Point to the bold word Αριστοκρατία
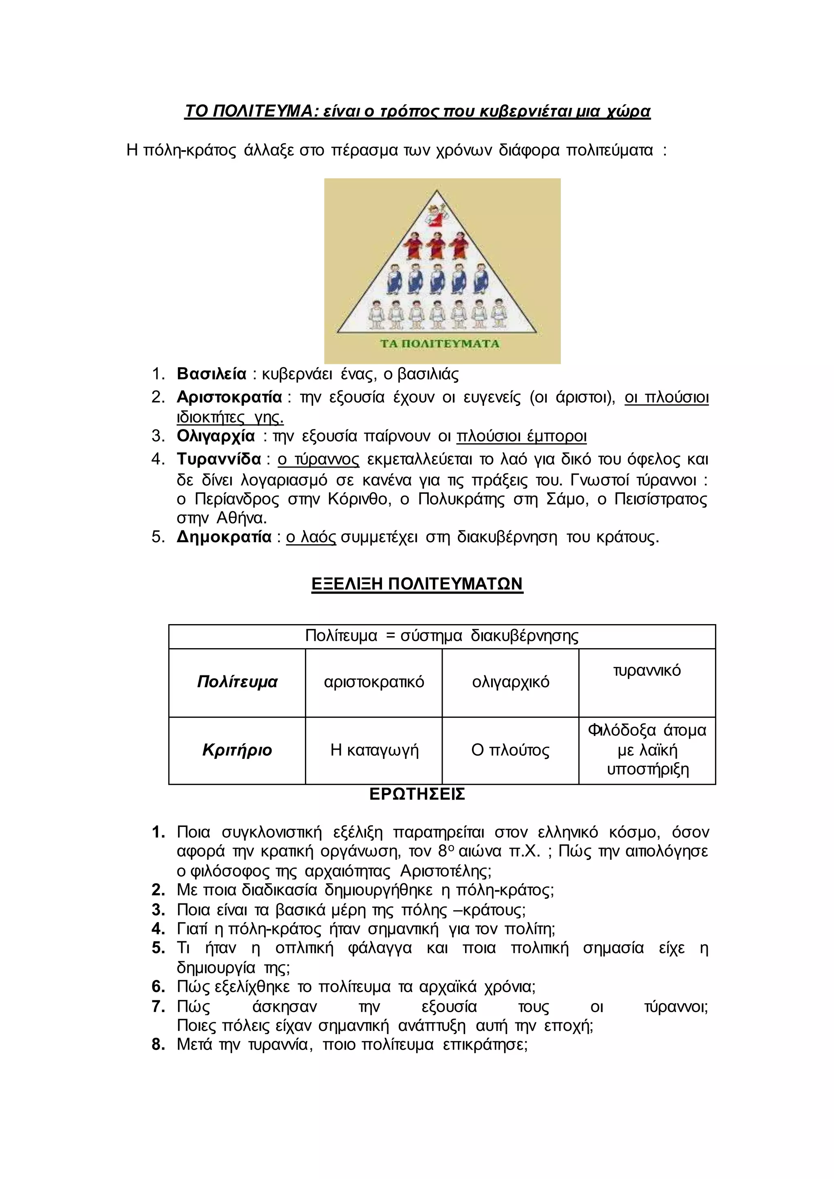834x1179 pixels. [x=229, y=397]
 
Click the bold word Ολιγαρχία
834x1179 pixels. [x=216, y=436]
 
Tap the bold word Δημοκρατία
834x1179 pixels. [x=224, y=537]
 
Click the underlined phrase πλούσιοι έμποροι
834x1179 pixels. [x=521, y=436]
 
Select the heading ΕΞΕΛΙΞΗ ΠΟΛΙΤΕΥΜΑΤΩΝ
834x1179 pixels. [x=417, y=584]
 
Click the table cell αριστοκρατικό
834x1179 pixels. [x=374, y=682]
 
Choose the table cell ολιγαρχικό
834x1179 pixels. [x=511, y=682]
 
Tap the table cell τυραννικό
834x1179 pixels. [x=647, y=671]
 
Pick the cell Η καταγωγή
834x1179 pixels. [x=374, y=750]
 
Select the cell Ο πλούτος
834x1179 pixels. [x=511, y=750]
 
